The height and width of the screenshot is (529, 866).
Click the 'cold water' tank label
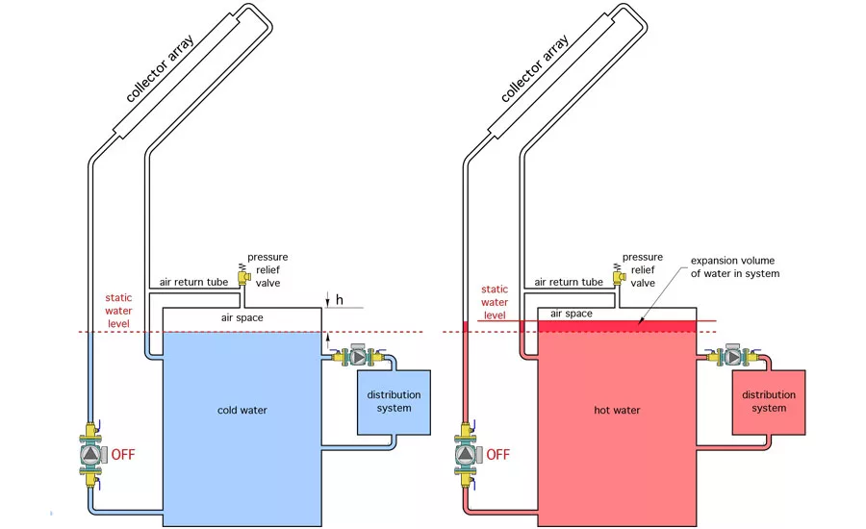[242, 411]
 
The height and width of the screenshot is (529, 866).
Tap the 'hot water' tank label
[617, 411]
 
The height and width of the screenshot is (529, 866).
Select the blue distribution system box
[394, 403]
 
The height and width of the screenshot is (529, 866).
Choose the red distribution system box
[769, 403]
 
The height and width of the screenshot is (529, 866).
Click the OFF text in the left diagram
[122, 454]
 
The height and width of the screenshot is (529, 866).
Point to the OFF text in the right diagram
[497, 454]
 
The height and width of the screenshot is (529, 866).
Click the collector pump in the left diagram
[90, 454]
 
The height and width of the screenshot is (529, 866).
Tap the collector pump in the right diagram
[465, 454]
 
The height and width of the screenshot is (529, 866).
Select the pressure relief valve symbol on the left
[243, 274]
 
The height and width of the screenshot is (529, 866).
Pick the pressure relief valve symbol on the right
[618, 274]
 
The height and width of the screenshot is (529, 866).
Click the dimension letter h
[339, 300]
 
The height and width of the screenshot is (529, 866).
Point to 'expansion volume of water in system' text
[735, 266]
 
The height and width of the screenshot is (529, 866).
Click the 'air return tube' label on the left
[193, 282]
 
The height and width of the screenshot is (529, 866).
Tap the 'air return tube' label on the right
[569, 282]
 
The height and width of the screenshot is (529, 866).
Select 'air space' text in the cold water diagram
[242, 318]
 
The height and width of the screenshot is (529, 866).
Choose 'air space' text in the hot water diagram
[571, 314]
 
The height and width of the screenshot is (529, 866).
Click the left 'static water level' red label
[118, 311]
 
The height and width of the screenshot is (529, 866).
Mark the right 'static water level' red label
[495, 302]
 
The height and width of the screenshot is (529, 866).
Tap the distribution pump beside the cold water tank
[359, 357]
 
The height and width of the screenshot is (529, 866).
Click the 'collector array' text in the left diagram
[160, 68]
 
